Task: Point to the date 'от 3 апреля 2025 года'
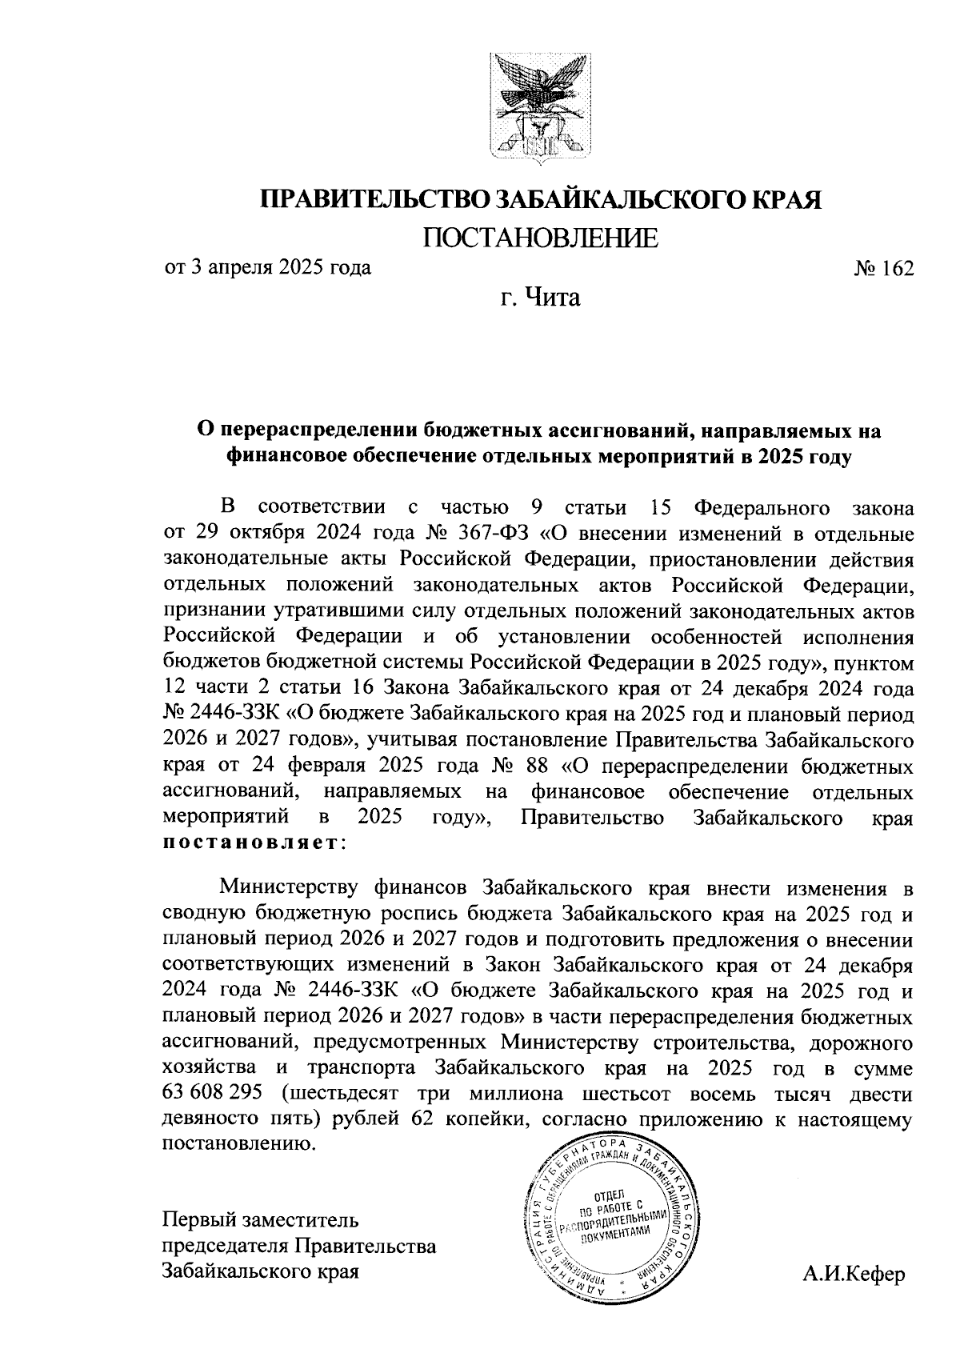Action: (x=267, y=267)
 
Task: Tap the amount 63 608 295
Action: (x=211, y=1095)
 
